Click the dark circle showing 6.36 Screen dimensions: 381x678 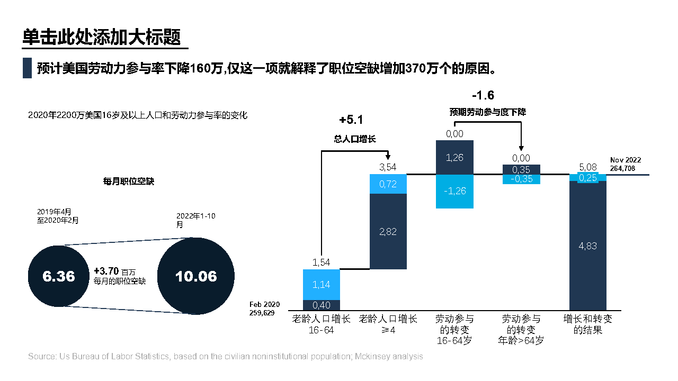pos(58,276)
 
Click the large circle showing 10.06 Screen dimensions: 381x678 pos(196,276)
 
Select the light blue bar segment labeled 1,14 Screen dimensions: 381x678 pos(322,285)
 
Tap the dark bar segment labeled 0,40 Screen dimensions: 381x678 pos(322,305)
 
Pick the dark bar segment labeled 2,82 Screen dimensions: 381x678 pos(388,232)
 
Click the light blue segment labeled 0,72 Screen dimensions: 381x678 pos(388,184)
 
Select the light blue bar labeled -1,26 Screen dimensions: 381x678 pos(454,191)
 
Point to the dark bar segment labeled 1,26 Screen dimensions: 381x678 pos(454,157)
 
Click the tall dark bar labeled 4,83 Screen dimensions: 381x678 pos(587,246)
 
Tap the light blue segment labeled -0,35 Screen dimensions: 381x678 pos(521,179)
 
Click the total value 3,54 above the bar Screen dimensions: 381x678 pos(388,168)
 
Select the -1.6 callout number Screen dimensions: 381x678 pos(483,95)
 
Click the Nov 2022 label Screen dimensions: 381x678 pos(626,160)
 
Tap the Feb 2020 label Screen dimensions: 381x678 pos(264,305)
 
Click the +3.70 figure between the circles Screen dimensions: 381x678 pos(106,270)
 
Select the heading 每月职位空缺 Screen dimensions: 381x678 pos(129,181)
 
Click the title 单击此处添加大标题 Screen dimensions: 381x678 pos(102,38)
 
